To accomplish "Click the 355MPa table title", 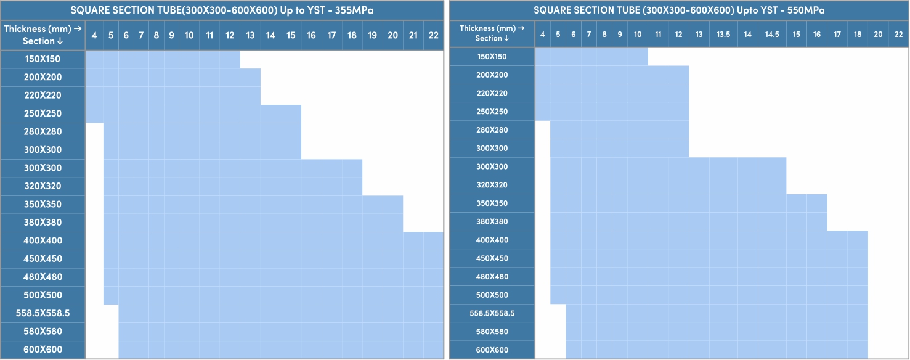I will [222, 10].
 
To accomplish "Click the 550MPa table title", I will [679, 10].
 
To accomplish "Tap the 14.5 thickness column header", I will [772, 35].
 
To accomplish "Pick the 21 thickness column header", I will [413, 35].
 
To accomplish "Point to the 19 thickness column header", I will [372, 35].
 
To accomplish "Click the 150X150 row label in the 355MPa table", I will [43, 59].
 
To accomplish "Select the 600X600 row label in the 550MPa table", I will [492, 350].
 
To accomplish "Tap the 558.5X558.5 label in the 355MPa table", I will [43, 313].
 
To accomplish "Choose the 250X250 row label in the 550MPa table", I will [492, 112].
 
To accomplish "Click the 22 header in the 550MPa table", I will [898, 35].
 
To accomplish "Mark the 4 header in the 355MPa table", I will [94, 35].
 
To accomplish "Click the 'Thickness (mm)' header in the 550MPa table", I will [492, 28].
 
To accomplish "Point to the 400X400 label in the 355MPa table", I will [43, 240].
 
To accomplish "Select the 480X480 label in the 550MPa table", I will [492, 277].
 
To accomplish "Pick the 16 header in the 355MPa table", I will [311, 35].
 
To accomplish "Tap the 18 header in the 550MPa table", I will [858, 35].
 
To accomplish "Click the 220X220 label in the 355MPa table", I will [43, 96].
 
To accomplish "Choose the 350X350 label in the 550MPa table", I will [492, 203].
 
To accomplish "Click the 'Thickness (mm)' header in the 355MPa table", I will [43, 29].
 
